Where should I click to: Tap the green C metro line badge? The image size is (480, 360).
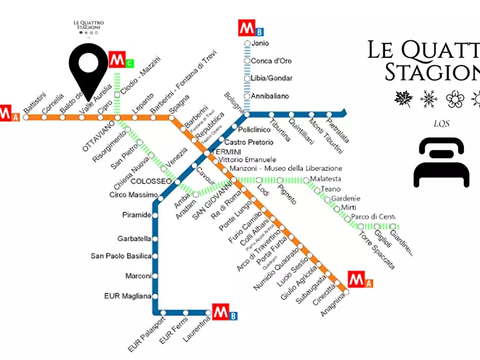pos(129,64)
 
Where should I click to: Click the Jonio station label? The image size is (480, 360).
pos(260,44)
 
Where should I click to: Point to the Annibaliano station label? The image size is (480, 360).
pos(269,96)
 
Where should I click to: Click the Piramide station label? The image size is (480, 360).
pos(137,215)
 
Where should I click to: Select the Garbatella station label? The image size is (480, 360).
pos(134,239)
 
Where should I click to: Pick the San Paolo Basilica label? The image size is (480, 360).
pos(121,256)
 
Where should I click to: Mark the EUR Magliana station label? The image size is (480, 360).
pos(127,296)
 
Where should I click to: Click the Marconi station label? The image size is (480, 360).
pos(138,276)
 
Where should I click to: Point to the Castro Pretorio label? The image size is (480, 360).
pos(248,142)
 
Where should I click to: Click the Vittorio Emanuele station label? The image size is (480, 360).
pos(247,160)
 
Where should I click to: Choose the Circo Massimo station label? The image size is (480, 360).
pos(133,195)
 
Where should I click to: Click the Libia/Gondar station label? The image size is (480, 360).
pos(271,78)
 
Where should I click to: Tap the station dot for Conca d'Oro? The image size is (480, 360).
pos(247,61)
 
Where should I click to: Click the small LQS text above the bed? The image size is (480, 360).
pos(441,124)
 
